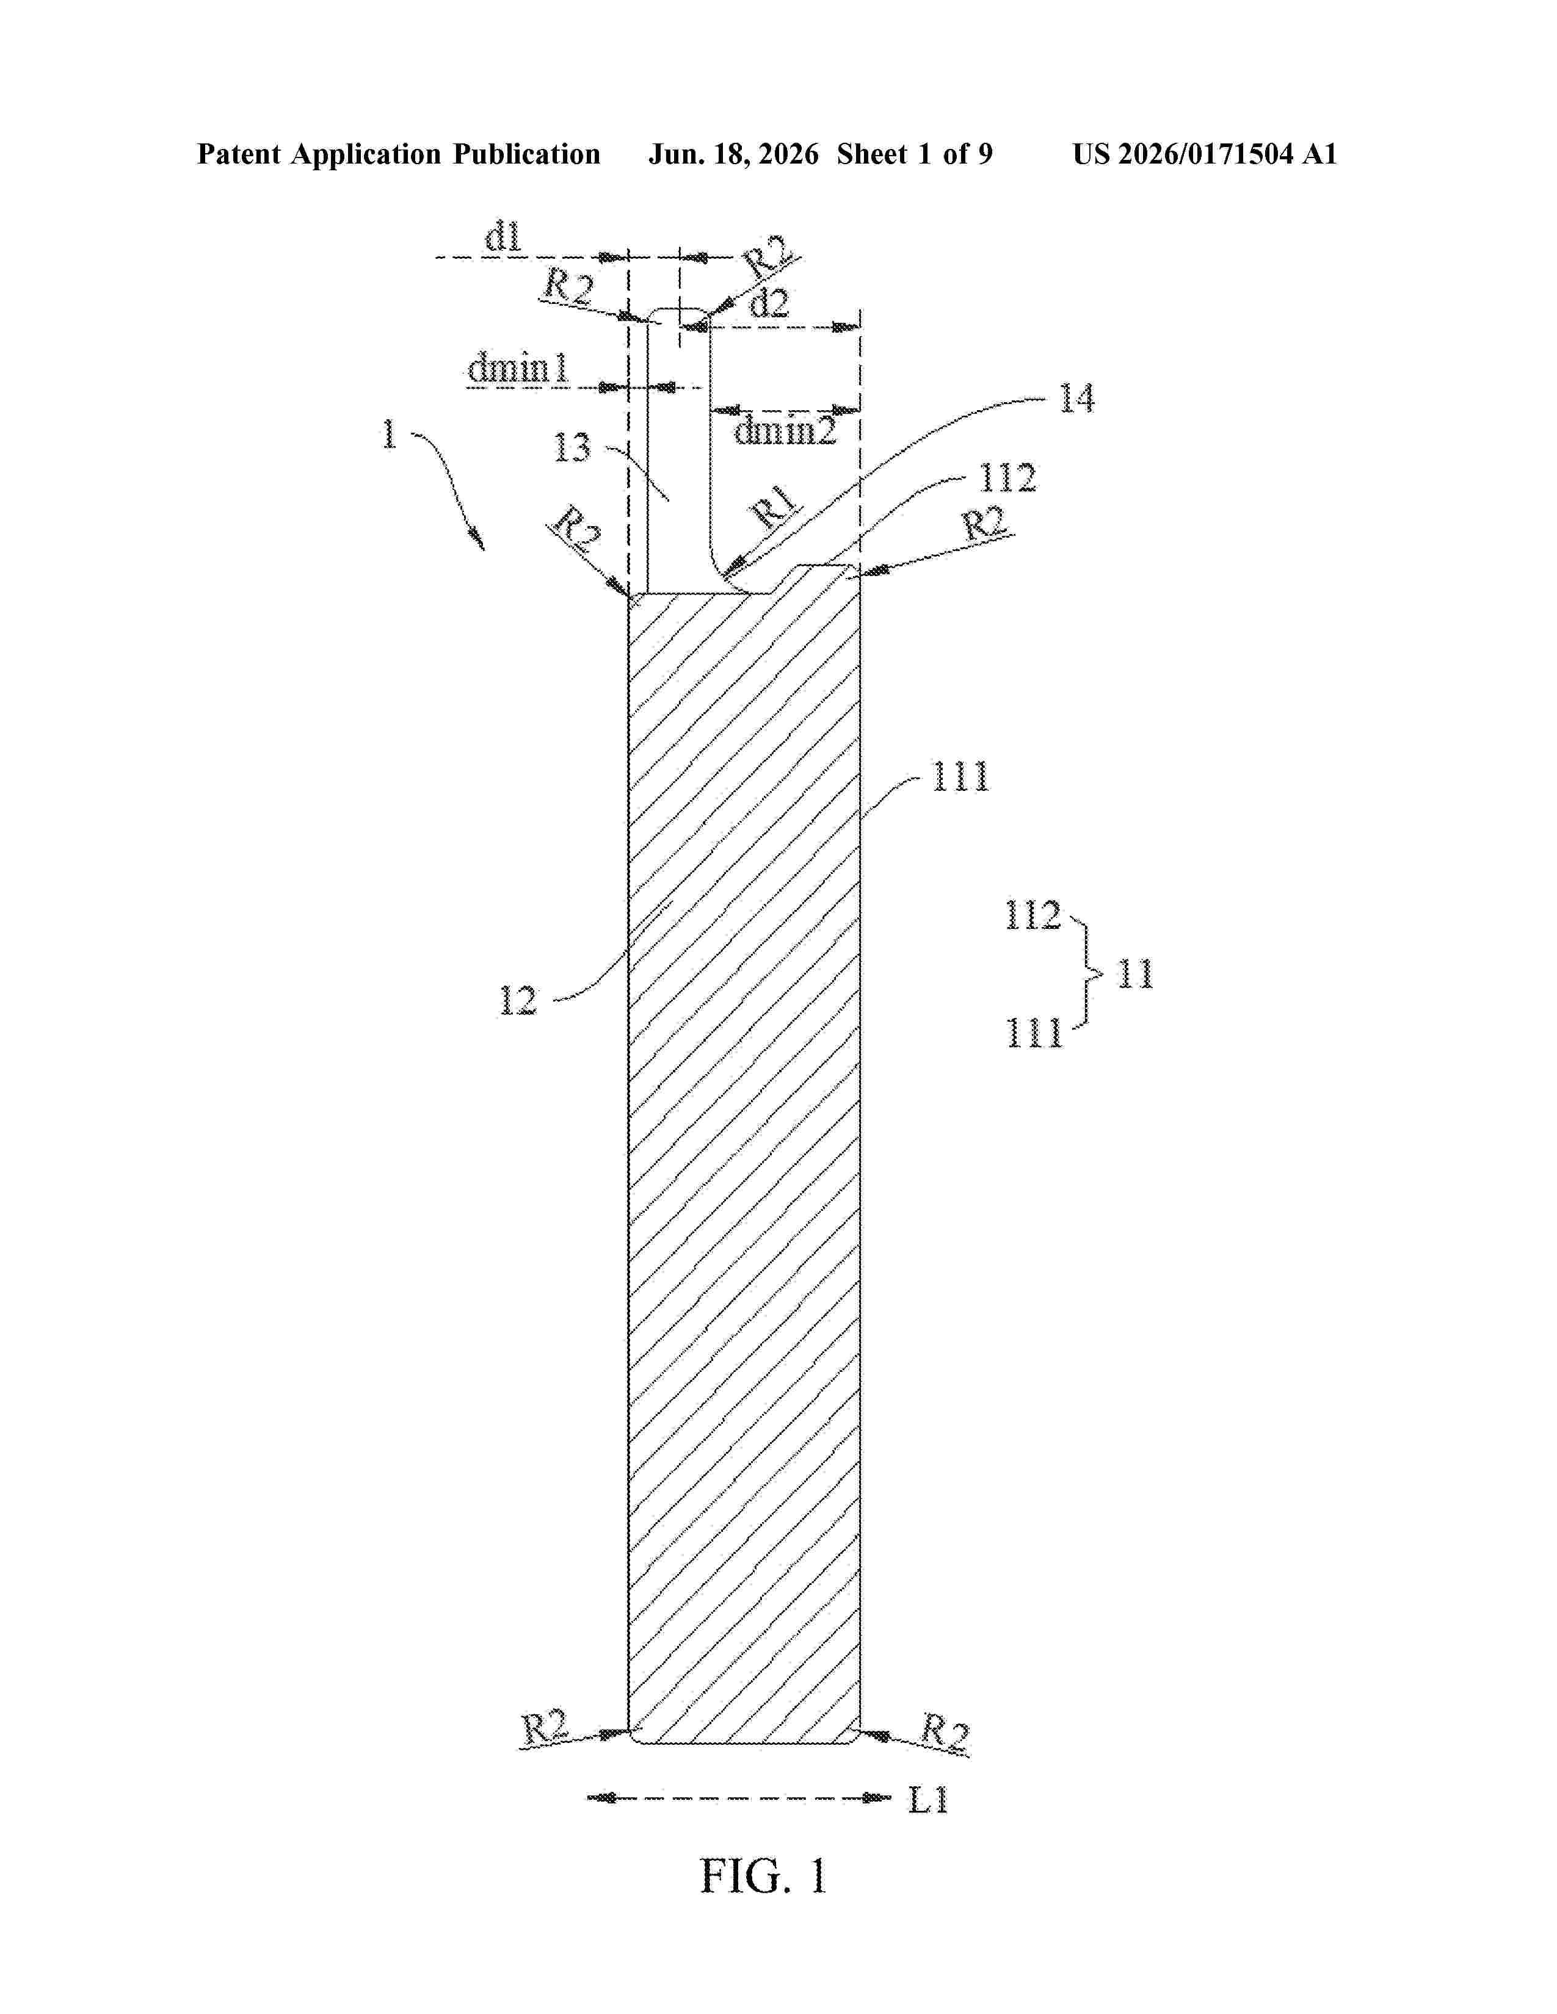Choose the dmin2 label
point(785,430)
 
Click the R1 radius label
point(777,507)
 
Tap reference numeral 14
point(1076,399)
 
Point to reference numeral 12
point(517,1000)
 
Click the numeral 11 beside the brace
point(1136,974)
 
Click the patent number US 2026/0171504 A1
point(1205,154)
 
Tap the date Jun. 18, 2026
point(733,154)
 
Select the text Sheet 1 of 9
point(915,154)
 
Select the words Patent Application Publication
point(399,154)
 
